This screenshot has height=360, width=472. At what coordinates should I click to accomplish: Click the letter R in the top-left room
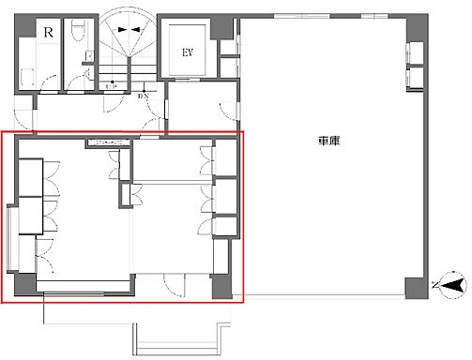(x=48, y=31)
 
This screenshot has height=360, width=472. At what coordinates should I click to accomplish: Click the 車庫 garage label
(x=328, y=142)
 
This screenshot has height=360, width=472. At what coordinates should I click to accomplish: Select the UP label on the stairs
(x=112, y=86)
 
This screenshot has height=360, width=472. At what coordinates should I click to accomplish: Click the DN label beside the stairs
(x=142, y=96)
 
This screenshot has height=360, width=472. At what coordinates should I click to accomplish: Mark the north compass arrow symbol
(x=451, y=283)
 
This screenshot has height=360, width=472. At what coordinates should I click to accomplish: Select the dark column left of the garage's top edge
(x=225, y=25)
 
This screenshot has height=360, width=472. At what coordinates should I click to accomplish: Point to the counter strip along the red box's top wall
(x=108, y=143)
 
